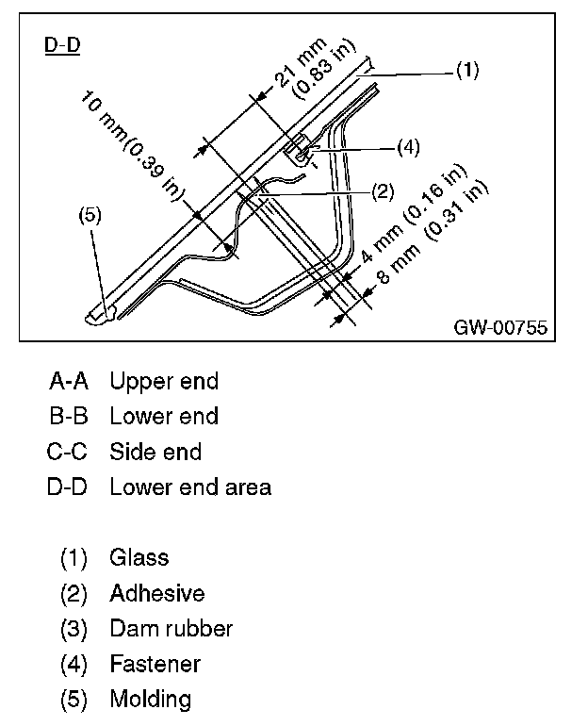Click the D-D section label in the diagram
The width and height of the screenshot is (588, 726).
(x=62, y=45)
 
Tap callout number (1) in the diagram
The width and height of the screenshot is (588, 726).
(x=466, y=70)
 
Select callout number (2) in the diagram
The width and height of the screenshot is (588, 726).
(x=382, y=191)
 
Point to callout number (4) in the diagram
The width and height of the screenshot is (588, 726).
(x=407, y=146)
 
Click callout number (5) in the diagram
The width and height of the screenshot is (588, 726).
(x=90, y=215)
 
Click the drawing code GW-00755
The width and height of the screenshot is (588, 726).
(x=499, y=327)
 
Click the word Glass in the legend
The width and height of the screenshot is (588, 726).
(x=139, y=557)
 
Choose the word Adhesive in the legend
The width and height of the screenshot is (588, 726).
(x=156, y=593)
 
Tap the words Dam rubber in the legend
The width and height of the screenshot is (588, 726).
(x=171, y=628)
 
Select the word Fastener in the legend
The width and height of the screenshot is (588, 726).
(x=155, y=664)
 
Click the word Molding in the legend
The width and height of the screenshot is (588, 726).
(x=150, y=699)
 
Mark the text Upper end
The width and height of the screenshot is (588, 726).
(x=164, y=381)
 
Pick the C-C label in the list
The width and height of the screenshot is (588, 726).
(x=67, y=452)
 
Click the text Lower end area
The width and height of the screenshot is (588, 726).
(x=190, y=487)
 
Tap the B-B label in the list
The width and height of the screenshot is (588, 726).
(x=68, y=416)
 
